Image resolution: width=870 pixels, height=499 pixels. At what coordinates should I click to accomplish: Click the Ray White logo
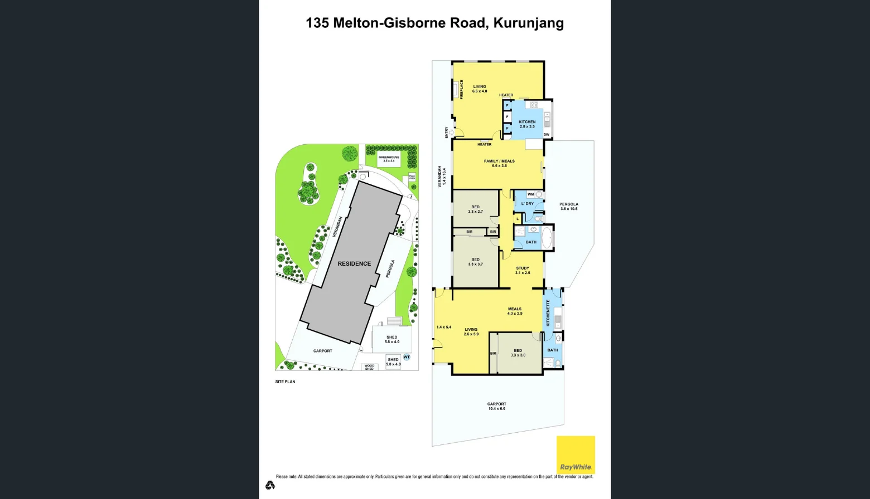576,454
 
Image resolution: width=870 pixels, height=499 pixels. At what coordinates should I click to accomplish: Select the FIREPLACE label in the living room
462,90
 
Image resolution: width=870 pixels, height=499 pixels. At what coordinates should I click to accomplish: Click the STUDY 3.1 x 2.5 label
523,271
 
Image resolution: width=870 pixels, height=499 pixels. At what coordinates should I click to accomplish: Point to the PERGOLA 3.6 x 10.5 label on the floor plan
569,206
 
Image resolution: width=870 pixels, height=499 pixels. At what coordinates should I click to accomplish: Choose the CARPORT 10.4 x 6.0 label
496,406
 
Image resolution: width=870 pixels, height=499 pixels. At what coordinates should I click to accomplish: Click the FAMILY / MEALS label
499,163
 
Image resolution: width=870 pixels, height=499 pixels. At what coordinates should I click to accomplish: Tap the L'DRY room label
527,204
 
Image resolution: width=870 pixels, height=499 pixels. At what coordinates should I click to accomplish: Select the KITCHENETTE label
548,313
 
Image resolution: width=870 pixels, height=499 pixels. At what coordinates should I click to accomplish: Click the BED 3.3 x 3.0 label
518,353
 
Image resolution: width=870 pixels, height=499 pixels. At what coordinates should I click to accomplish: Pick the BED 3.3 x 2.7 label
475,209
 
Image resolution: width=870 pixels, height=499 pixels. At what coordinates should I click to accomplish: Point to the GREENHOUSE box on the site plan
389,159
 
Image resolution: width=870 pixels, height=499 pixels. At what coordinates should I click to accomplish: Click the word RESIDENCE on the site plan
354,263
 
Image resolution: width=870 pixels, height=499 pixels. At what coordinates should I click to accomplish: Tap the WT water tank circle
407,357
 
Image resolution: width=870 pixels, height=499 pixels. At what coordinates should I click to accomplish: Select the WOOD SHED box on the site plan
369,367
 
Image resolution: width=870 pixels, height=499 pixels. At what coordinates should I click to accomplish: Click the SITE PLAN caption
285,381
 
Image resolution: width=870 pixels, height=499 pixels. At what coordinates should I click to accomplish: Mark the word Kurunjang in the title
529,23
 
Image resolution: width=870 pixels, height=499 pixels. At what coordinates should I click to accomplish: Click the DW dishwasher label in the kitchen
547,135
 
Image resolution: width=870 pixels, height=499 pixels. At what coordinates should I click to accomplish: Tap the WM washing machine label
530,194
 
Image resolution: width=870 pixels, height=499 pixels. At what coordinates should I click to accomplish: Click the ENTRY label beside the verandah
447,133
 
